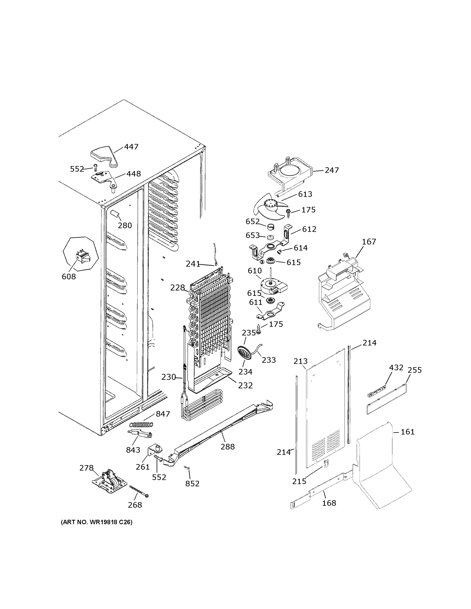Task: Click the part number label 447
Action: [x=131, y=147]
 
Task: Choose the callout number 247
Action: [x=332, y=170]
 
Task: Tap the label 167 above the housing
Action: [x=369, y=242]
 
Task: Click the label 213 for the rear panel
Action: [x=300, y=361]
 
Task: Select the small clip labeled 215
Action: [x=325, y=463]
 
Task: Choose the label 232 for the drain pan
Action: [x=245, y=386]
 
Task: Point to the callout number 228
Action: [x=177, y=287]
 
